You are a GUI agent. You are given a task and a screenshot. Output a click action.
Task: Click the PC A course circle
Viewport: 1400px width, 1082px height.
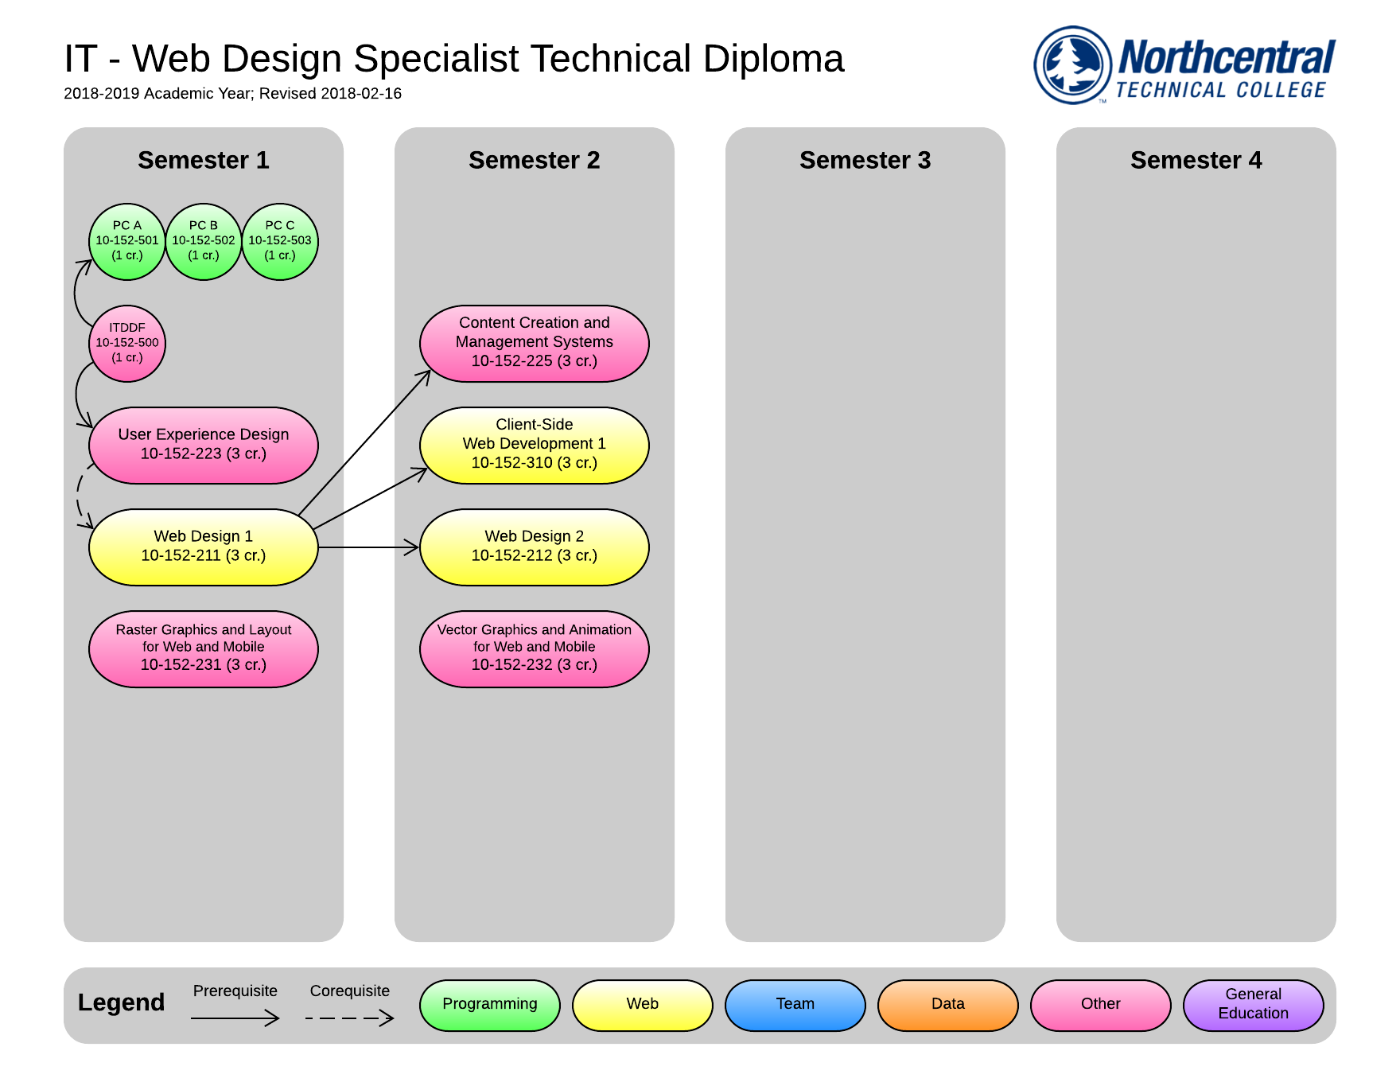[x=127, y=241]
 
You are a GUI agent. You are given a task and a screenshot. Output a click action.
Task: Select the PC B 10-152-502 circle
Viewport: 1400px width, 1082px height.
[x=204, y=241]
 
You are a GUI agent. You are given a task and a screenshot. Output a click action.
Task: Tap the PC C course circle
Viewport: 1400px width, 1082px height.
[x=280, y=241]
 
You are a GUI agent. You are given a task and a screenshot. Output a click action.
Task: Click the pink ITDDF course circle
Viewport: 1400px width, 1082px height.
[x=127, y=343]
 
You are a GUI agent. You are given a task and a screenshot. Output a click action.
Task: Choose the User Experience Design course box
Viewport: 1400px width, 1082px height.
[x=204, y=445]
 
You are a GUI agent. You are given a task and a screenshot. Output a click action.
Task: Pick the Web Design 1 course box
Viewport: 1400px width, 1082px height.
[x=204, y=547]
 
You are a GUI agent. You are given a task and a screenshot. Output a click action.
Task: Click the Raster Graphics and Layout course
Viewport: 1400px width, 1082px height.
[x=204, y=648]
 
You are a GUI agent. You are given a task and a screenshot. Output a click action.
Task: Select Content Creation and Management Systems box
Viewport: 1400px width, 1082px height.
[x=535, y=343]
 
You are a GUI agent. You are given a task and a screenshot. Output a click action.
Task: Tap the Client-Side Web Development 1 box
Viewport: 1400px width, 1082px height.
[x=535, y=445]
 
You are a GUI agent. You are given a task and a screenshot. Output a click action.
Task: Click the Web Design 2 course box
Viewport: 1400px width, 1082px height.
[x=535, y=547]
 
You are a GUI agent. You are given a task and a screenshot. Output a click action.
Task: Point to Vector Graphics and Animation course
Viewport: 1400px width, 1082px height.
[x=535, y=648]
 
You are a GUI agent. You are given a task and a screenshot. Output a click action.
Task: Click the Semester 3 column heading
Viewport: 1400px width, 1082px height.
[x=865, y=160]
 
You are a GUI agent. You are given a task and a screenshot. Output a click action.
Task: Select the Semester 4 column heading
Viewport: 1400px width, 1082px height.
[x=1196, y=160]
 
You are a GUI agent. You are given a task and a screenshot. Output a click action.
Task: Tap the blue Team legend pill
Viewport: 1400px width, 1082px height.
[x=795, y=1005]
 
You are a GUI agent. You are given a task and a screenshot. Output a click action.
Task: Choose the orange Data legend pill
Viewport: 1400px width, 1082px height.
[x=948, y=1005]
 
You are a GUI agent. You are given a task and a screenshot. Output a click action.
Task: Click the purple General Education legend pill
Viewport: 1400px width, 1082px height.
[x=1254, y=1005]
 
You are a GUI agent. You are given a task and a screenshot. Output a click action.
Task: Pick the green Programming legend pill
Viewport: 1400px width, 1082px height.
[x=490, y=1005]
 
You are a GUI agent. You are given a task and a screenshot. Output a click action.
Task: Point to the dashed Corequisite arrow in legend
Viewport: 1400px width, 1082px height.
[x=350, y=1018]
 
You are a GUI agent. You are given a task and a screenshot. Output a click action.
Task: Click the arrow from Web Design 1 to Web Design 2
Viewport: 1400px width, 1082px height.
[x=368, y=547]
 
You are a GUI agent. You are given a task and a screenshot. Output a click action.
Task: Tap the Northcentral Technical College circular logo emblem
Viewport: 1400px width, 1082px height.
[x=1072, y=65]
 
